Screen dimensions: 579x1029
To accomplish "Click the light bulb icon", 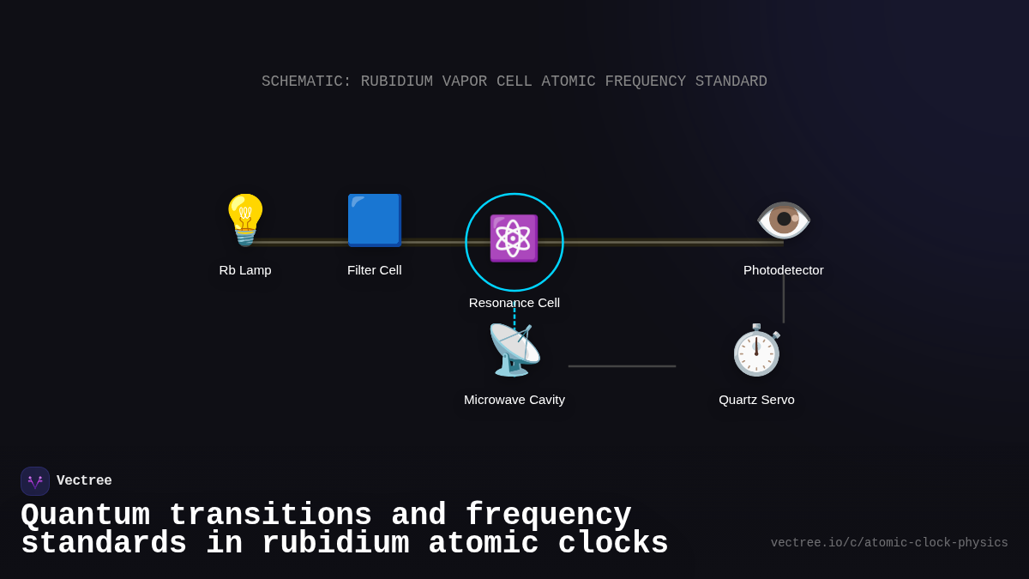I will [245, 220].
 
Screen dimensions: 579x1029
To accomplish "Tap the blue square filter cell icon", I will [375, 220].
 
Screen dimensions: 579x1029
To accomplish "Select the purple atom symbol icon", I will [514, 238].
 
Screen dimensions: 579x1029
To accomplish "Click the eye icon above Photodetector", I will [784, 220].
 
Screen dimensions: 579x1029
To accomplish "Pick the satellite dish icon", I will [514, 350].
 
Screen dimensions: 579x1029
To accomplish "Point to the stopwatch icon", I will [756, 350].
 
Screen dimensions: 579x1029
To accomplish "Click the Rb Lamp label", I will [245, 270].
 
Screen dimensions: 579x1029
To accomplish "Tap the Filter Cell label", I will [375, 270].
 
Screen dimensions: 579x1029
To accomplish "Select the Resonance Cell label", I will [514, 303].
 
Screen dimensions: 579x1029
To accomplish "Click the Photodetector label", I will [784, 270].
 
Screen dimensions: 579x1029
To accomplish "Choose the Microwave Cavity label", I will [514, 400].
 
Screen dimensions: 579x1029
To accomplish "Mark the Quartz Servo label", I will [756, 400].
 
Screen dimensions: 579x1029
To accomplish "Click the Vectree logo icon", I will [35, 481].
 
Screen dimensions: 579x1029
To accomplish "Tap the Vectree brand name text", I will [84, 481].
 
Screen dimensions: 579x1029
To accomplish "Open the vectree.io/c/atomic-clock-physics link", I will [889, 543].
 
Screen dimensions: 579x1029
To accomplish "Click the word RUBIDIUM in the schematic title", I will [396, 81].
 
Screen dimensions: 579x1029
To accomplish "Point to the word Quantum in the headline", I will [85, 516].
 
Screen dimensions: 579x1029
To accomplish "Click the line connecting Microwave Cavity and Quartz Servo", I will [622, 366].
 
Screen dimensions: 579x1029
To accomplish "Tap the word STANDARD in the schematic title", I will [731, 81].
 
